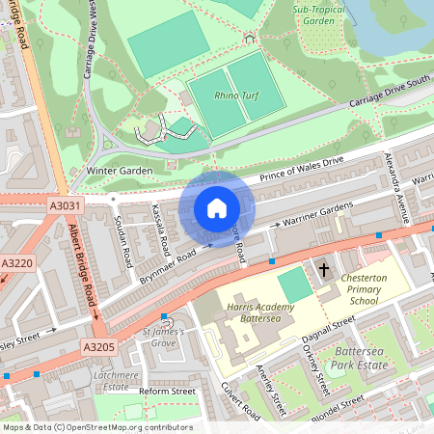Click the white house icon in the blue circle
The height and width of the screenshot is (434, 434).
pos(217,207)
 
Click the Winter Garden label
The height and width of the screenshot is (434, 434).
pos(120,172)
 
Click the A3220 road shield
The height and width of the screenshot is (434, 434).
pos(16,262)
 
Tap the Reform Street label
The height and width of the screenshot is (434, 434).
pos(167,392)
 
